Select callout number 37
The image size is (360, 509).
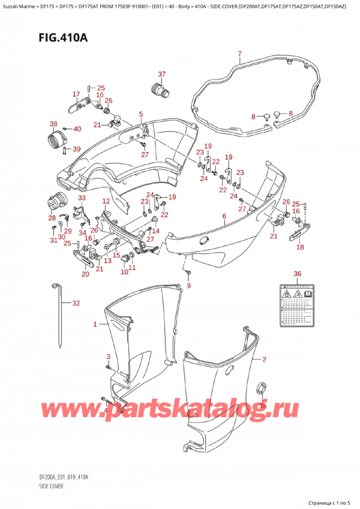coord(161,74)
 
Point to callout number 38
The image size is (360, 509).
coord(53,125)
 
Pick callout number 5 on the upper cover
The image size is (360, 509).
coord(141,114)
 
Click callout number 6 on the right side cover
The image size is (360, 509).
coord(224,216)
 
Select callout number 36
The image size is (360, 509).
coord(296,274)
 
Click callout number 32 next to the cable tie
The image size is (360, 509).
coord(76,303)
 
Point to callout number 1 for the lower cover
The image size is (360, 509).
coord(95,325)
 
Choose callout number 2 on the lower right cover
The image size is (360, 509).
coord(263,360)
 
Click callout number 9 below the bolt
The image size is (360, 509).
coord(188,285)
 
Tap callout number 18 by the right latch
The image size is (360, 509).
coord(300,247)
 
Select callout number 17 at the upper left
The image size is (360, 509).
coord(76,94)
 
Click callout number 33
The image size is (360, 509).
coord(81,197)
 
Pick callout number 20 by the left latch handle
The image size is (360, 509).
coord(85,274)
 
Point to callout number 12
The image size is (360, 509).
coord(106,202)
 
